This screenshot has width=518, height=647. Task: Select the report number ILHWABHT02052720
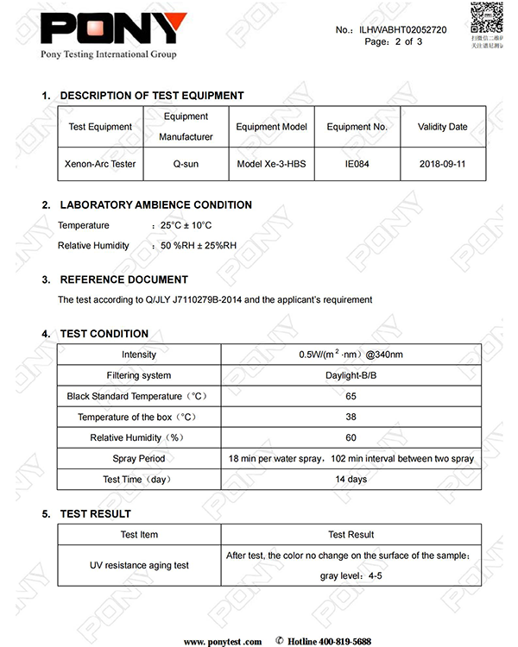(404, 30)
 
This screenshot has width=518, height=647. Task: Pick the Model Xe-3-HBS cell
(272, 164)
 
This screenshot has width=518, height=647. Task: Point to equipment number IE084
(357, 164)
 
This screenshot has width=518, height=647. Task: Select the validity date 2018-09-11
(442, 164)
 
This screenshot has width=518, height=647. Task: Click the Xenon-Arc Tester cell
(100, 164)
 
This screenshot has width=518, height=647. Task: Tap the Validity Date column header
(442, 127)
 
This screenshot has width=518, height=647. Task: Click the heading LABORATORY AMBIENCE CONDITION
(155, 205)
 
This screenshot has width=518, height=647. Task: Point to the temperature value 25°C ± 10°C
(186, 226)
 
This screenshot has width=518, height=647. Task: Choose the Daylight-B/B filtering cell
(351, 375)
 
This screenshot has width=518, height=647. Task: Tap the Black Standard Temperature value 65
(351, 396)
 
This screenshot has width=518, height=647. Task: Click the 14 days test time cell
(351, 479)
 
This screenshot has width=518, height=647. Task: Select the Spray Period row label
(139, 458)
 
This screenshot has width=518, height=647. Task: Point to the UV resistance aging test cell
(139, 565)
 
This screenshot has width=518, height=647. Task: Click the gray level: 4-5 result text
(351, 575)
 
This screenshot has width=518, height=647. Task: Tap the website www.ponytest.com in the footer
(222, 641)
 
